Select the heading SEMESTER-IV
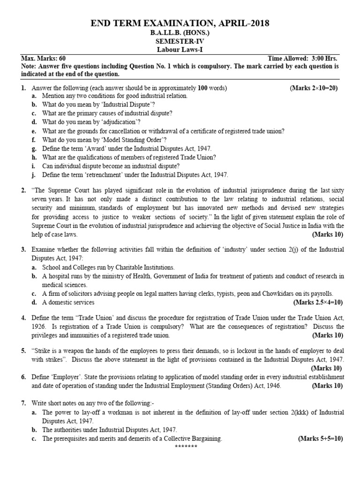point(180,42)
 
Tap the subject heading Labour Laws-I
point(180,50)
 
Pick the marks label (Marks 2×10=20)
point(314,88)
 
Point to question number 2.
point(23,191)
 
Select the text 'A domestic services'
point(68,302)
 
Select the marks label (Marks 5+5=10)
point(321,439)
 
